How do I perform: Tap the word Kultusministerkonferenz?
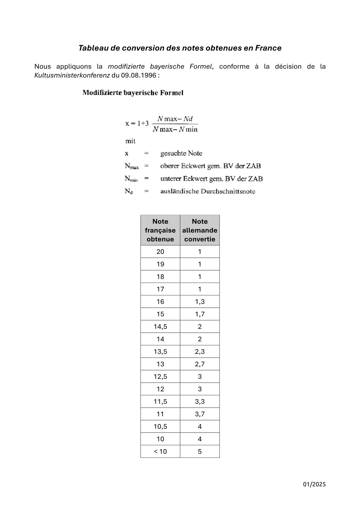(72, 75)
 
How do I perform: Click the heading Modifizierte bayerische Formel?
(133, 93)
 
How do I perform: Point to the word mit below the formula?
(130, 141)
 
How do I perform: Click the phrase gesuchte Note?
(181, 153)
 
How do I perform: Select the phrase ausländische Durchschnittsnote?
(208, 191)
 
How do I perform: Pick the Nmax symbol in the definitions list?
(132, 166)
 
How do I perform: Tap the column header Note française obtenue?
(160, 230)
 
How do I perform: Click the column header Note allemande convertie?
(200, 230)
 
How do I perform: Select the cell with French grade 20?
(160, 252)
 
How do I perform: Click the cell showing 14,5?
(160, 327)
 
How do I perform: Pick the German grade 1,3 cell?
(200, 302)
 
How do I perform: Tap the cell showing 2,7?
(200, 364)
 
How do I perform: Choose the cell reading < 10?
(160, 452)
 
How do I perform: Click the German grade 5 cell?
(200, 452)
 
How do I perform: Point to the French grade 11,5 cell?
(160, 402)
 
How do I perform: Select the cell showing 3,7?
(200, 414)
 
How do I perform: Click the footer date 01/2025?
(314, 484)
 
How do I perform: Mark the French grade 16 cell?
(160, 302)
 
